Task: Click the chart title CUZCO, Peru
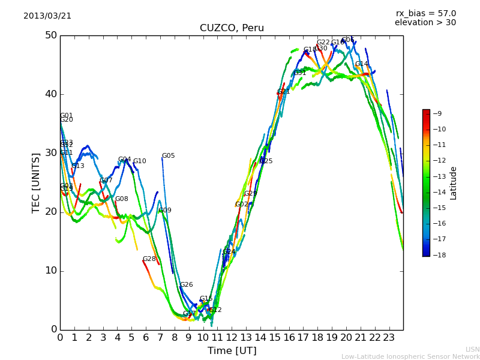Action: [232, 28]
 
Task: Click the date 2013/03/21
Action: [47, 16]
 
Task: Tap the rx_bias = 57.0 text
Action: [425, 14]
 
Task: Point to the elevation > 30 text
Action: [425, 23]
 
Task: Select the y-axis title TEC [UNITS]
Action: [36, 182]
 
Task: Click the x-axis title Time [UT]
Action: [232, 350]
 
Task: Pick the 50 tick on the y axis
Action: [50, 35]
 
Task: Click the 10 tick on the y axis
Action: [50, 271]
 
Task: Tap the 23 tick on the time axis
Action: [388, 337]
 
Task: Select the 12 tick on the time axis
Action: [232, 337]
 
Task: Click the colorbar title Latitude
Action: [454, 183]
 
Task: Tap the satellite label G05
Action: [168, 156]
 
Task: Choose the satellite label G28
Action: [149, 259]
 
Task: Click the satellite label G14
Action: [361, 64]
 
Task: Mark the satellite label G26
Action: [186, 285]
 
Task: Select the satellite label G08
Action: [121, 199]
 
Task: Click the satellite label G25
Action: [266, 161]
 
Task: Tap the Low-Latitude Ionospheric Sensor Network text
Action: [410, 357]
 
